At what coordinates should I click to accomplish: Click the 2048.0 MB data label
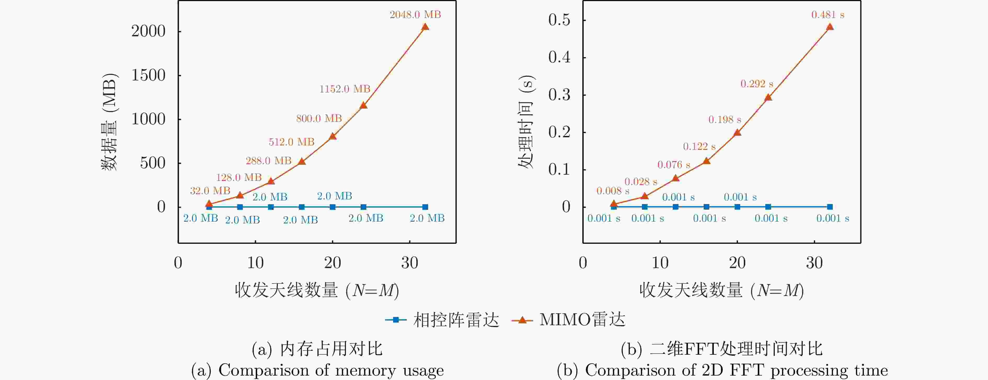[x=415, y=15]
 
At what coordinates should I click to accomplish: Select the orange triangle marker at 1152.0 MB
[x=364, y=105]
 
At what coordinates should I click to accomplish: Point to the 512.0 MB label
[x=291, y=142]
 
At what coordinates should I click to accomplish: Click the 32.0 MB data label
[x=210, y=191]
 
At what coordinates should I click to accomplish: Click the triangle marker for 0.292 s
[x=768, y=97]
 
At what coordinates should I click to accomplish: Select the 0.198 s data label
[x=725, y=120]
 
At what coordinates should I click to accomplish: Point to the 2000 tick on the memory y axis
[x=148, y=31]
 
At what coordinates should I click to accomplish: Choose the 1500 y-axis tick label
[x=148, y=75]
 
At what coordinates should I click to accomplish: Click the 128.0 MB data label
[x=239, y=177]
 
